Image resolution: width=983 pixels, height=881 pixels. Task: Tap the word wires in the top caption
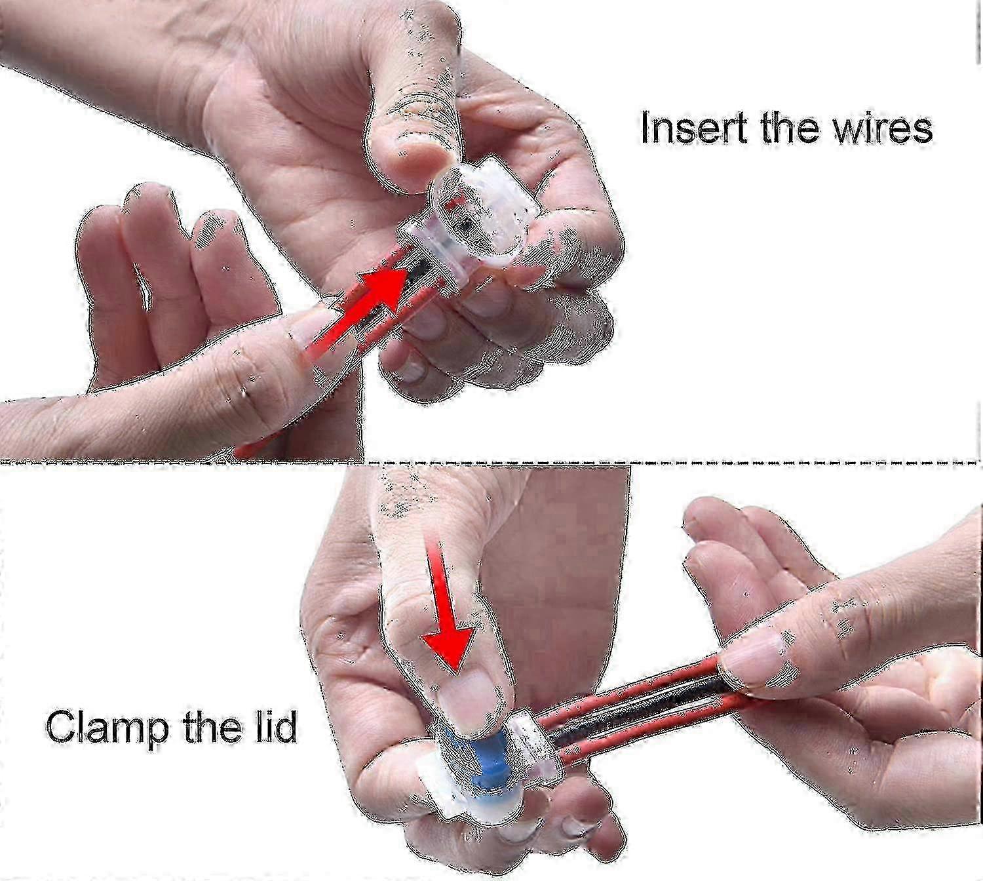click(x=883, y=128)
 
